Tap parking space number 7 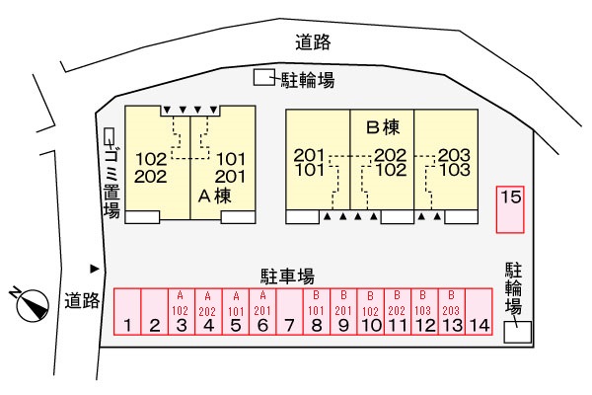pos(288,313)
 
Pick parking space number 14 pos(479,313)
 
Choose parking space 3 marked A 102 pos(182,313)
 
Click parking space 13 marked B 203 pos(452,313)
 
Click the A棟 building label pos(216,196)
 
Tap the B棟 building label pos(381,126)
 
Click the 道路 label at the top pos(313,41)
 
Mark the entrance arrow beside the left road pos(95,268)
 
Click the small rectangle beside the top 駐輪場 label pos(263,78)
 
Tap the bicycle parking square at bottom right pos(516,333)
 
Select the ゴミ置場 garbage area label pos(111,179)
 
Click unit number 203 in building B pos(453,154)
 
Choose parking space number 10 pos(371,313)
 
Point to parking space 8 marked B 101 pos(317,313)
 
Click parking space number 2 pos(154,313)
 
